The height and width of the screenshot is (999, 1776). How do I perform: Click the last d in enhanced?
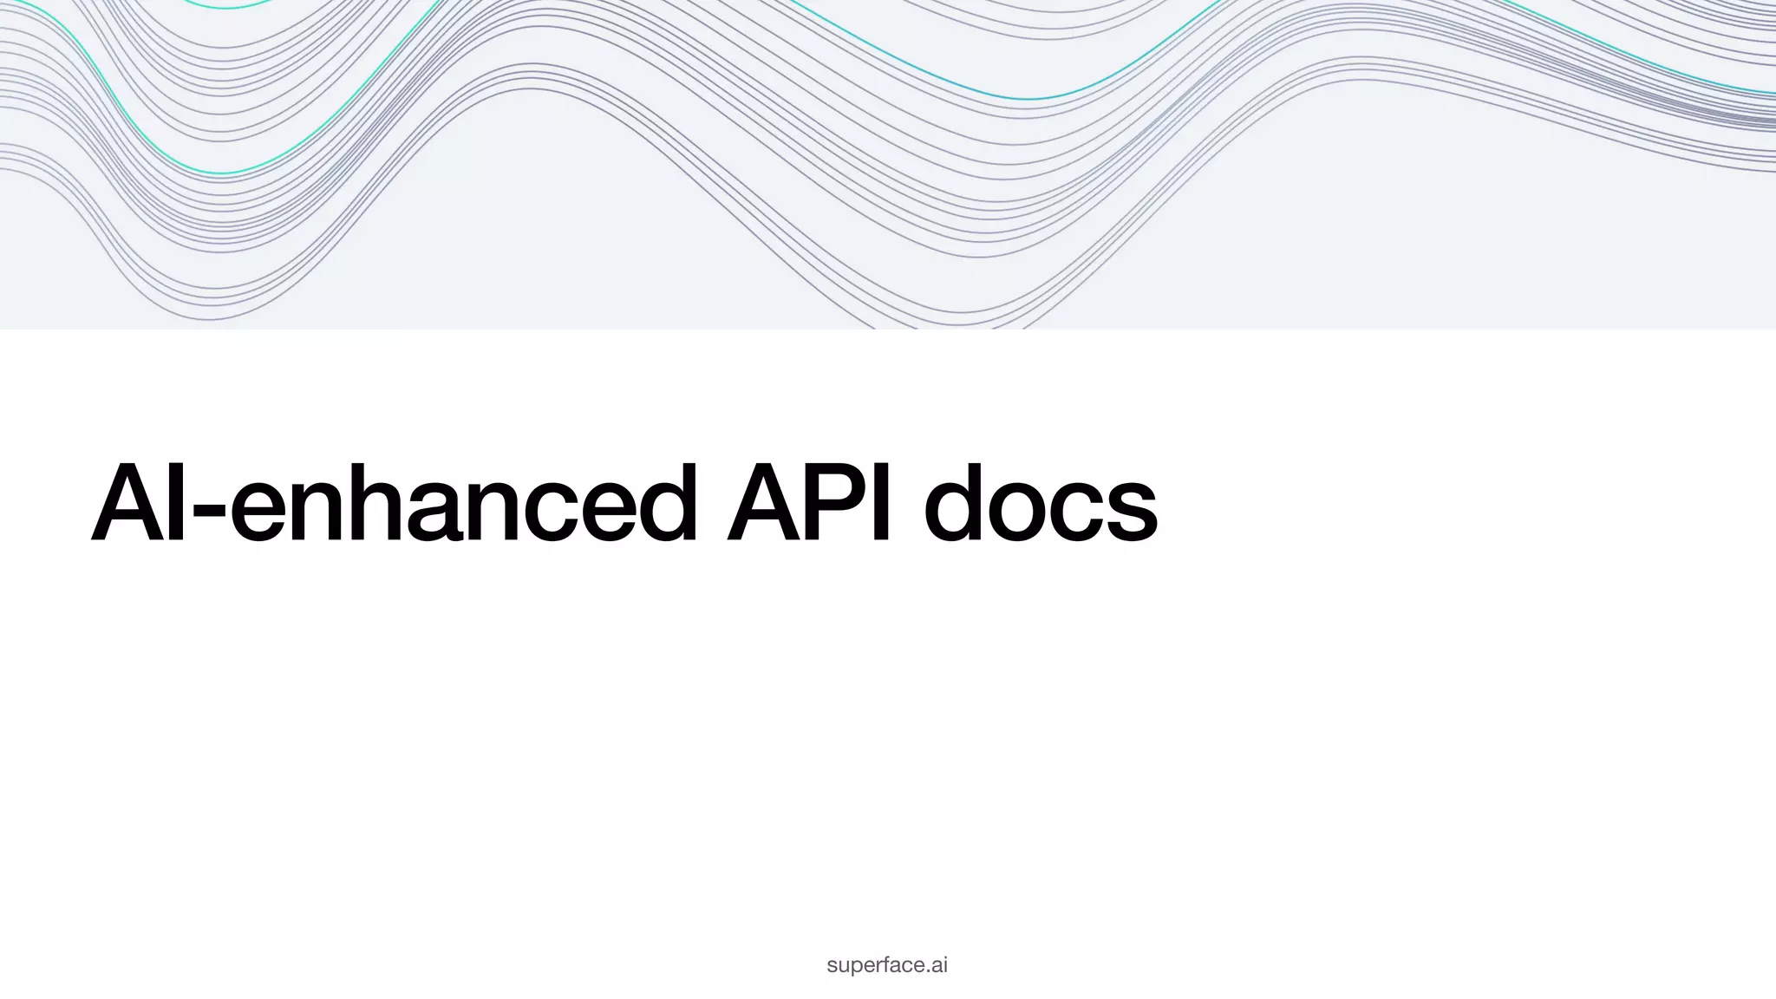click(x=664, y=503)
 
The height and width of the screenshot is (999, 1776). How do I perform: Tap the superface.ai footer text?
click(x=887, y=965)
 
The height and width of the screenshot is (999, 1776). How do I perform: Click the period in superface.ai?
click(x=929, y=970)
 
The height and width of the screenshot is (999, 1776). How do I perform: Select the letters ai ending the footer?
click(x=939, y=965)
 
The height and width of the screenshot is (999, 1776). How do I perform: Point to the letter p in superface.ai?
click(x=852, y=968)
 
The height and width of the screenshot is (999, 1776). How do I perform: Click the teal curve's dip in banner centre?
click(x=1028, y=99)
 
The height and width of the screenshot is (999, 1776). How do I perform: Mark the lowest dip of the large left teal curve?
click(x=221, y=173)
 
